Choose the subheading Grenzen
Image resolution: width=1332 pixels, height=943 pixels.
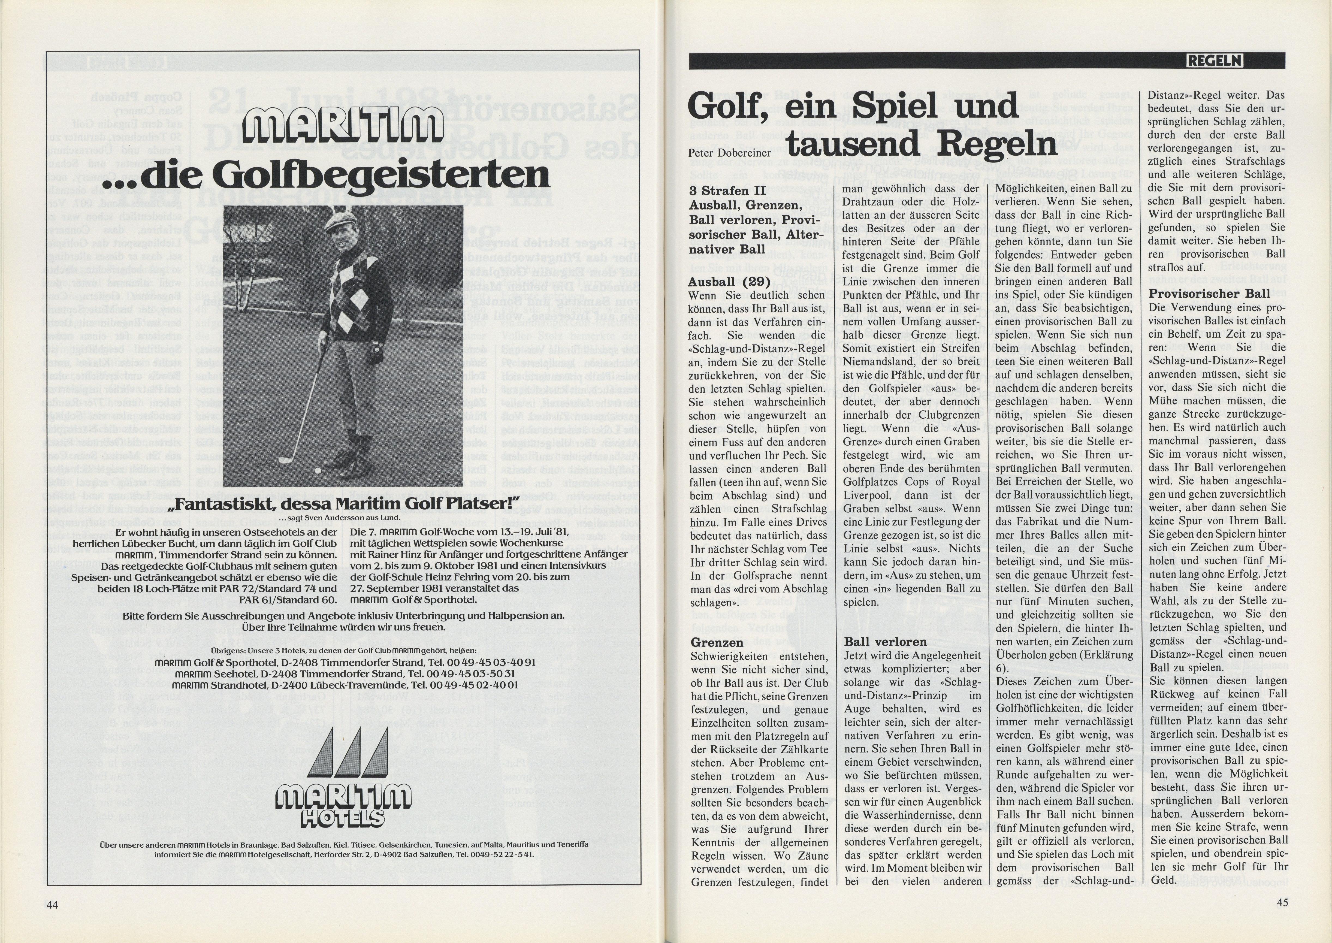tap(717, 643)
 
